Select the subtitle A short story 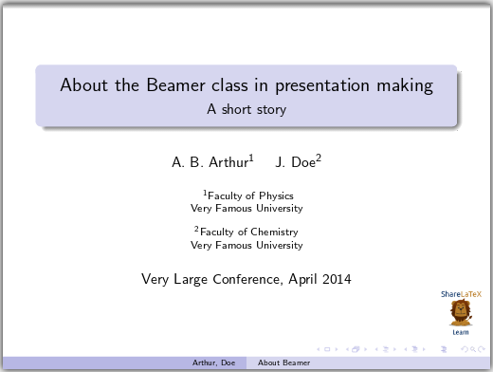246,109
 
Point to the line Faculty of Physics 248,195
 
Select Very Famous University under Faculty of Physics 246,208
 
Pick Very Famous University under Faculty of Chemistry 246,245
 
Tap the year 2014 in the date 336,279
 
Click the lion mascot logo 460,312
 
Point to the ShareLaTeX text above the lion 460,294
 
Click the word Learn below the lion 460,332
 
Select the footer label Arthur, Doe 214,363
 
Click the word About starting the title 81,85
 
